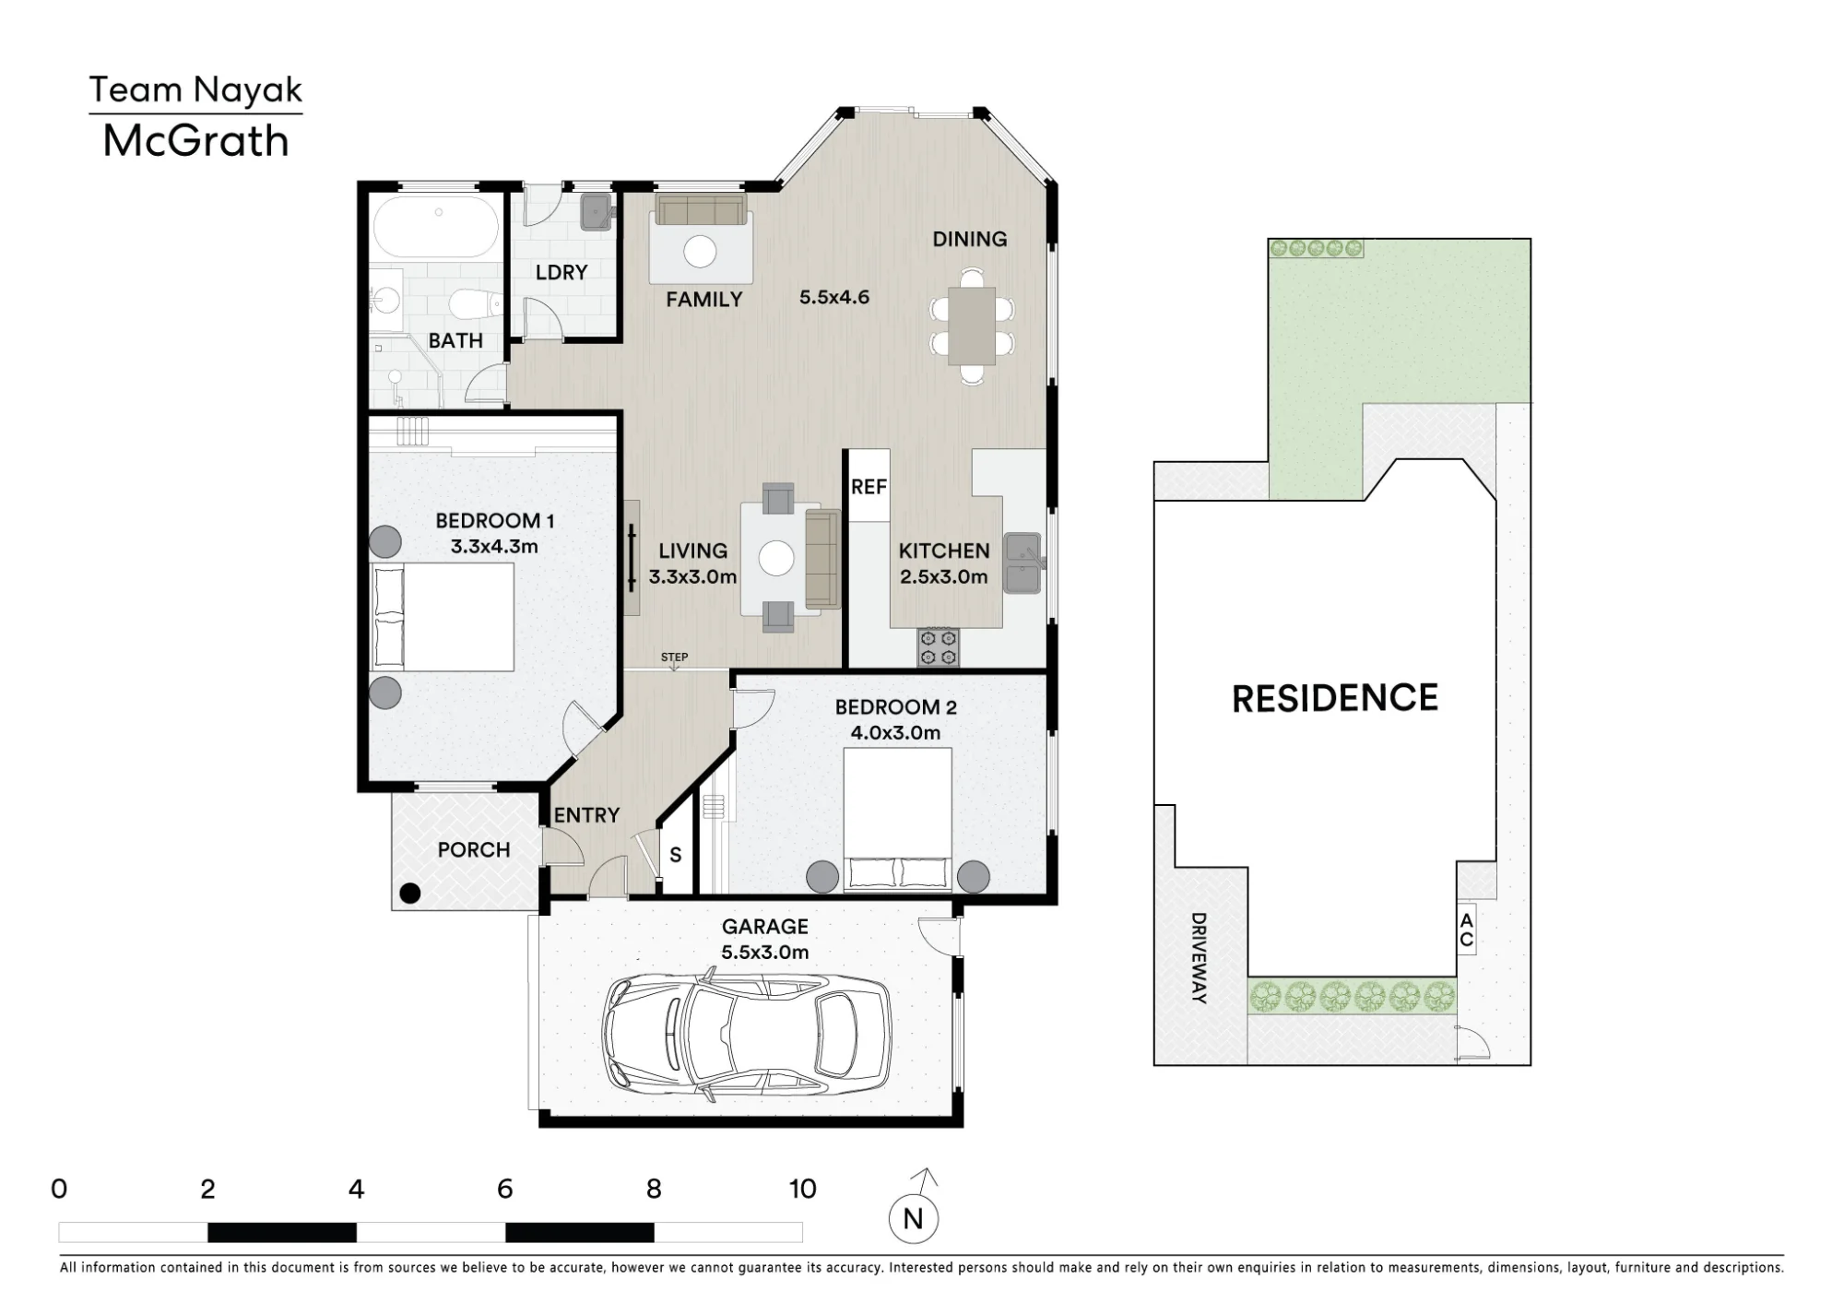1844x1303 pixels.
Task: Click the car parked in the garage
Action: click(747, 1036)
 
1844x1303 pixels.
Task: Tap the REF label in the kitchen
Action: click(869, 487)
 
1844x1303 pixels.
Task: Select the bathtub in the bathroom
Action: click(436, 227)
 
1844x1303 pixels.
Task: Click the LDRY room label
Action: click(561, 272)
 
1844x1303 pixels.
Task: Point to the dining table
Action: click(972, 326)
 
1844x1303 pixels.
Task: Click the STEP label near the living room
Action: click(674, 657)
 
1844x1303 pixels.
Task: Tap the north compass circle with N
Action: click(913, 1219)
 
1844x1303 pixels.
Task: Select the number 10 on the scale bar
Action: click(802, 1190)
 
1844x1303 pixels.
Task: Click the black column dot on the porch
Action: click(410, 893)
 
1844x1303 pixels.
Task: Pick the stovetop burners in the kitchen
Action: click(939, 647)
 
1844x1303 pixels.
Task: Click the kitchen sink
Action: click(1022, 563)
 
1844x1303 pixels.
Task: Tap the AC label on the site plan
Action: click(1467, 930)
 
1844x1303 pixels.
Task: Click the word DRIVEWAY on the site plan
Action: click(1199, 958)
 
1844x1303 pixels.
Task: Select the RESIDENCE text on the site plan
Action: click(1335, 698)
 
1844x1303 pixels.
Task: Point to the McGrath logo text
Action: click(195, 141)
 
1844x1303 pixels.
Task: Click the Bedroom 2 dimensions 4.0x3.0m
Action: click(895, 733)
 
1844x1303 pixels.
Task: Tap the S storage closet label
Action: click(676, 856)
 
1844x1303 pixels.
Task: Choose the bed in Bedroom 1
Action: click(443, 617)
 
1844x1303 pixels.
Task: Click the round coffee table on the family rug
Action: click(700, 252)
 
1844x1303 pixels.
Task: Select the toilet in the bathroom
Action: click(475, 303)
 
